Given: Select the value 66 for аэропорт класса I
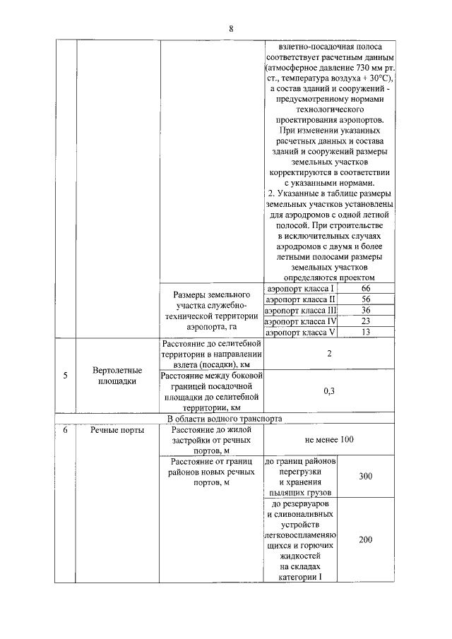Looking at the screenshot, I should tap(365, 289).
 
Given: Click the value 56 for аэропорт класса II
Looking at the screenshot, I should tap(365, 299).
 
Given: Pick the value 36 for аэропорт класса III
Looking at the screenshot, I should tap(365, 310).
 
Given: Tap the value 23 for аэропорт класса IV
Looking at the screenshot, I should tap(365, 321).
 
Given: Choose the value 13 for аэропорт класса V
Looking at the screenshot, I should tap(365, 332).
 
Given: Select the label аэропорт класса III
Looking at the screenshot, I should tap(300, 310).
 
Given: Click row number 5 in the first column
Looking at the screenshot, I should tap(65, 376).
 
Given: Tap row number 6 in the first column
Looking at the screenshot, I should tap(65, 429).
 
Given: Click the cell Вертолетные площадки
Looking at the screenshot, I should tap(118, 376).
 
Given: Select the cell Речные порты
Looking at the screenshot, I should tap(118, 429).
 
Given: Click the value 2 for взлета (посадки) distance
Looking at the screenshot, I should tap(329, 354).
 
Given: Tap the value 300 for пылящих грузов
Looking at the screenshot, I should tap(365, 477).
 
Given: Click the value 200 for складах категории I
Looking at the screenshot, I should tap(365, 540).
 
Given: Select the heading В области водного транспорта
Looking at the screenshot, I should tap(224, 418).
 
